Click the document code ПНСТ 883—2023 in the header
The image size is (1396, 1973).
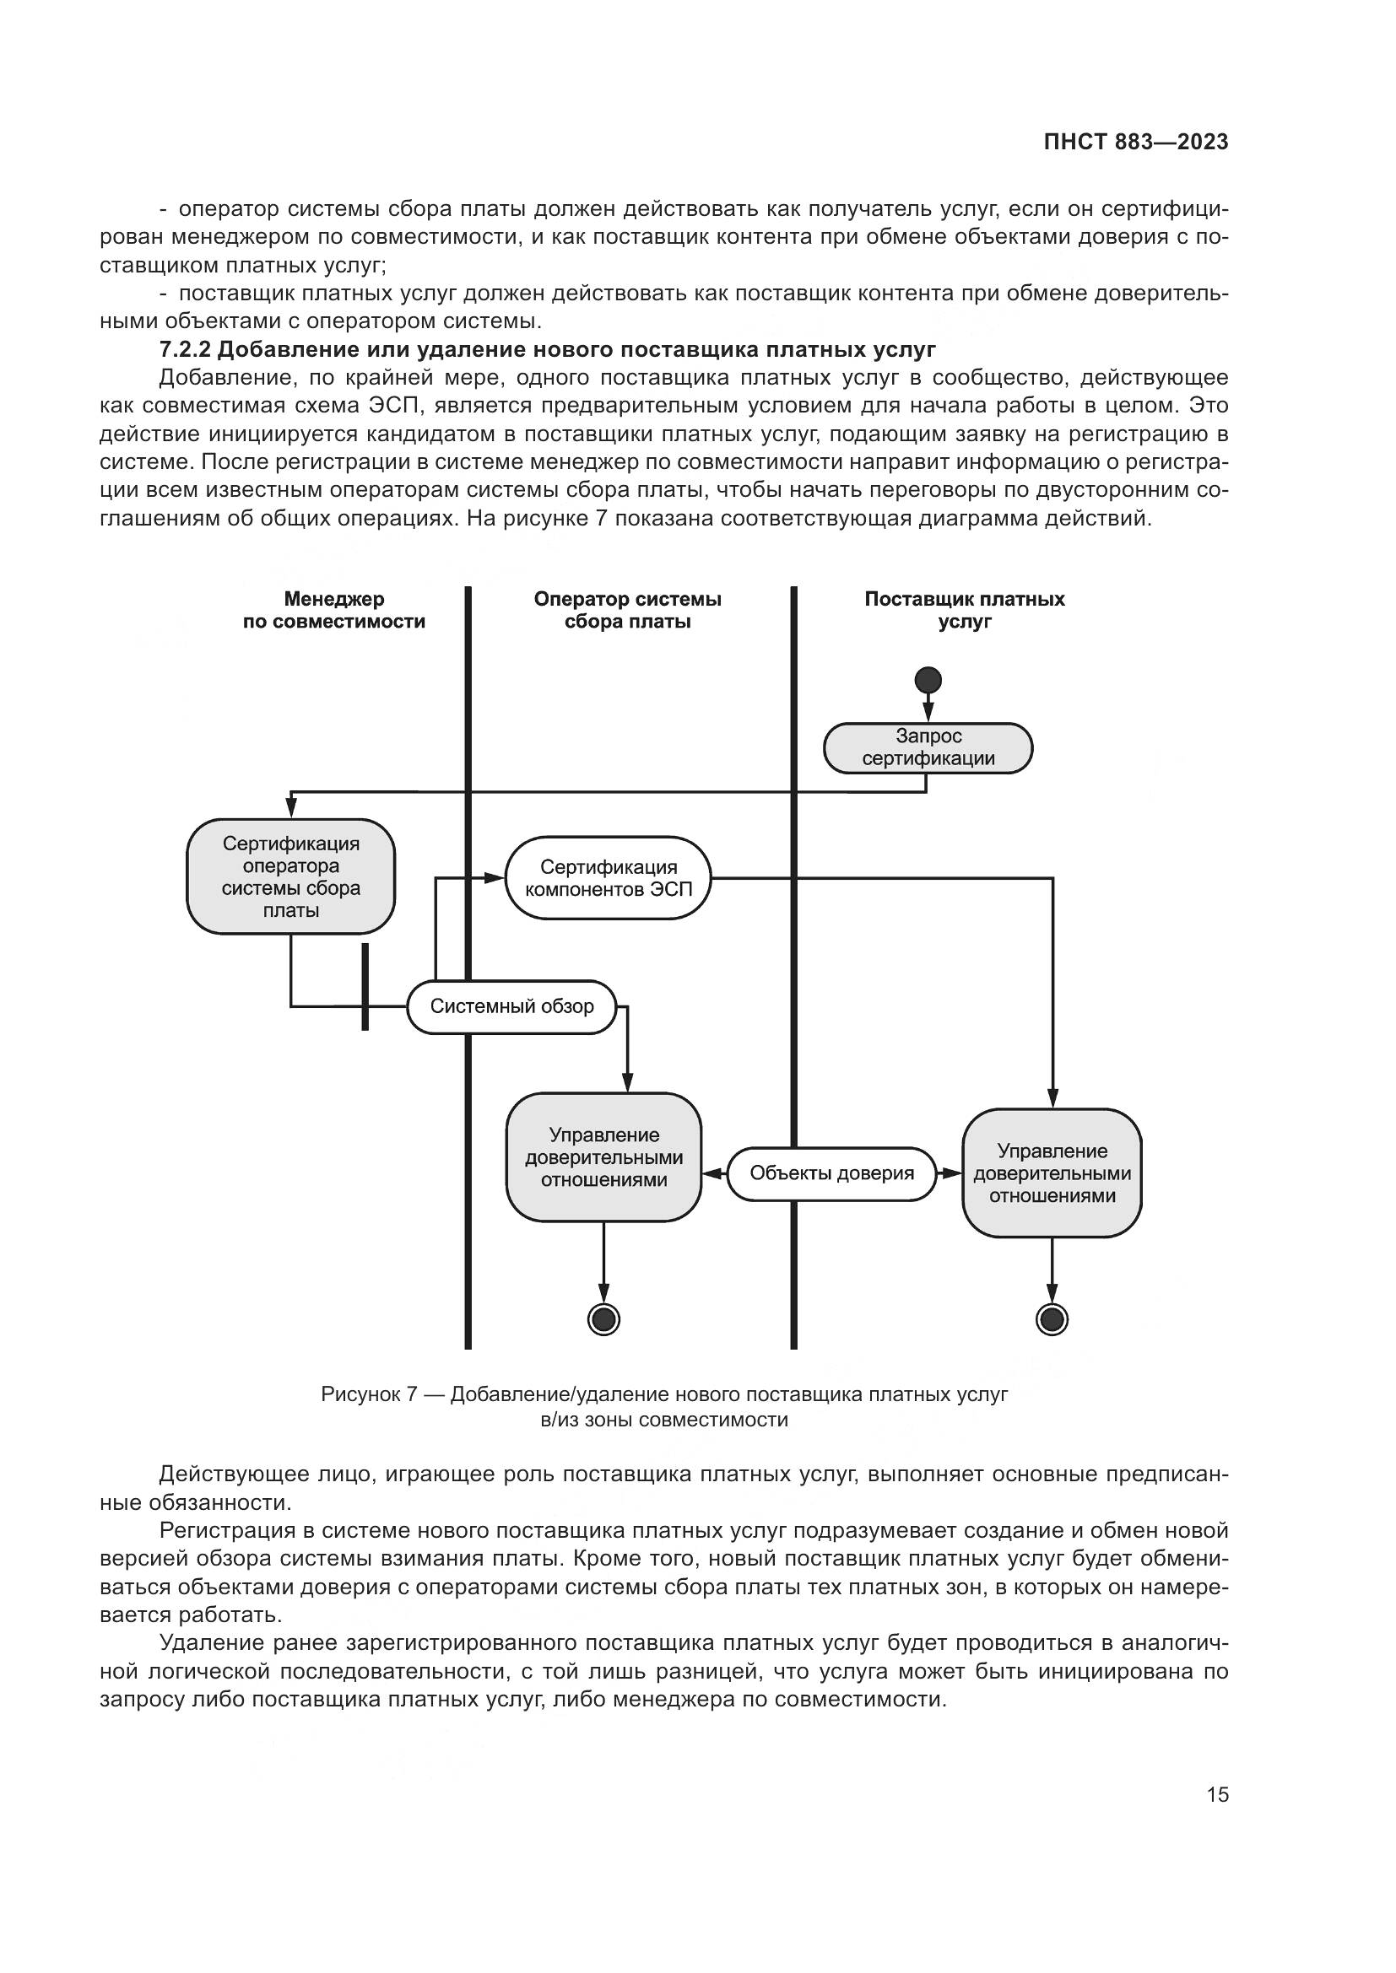(1135, 143)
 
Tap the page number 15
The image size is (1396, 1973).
(1217, 1794)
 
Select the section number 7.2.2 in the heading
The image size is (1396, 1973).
(185, 350)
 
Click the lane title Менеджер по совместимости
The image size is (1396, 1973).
(333, 610)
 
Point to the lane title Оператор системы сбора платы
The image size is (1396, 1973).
(627, 610)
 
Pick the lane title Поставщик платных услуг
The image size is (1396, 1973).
(965, 610)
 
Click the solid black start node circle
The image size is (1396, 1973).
(928, 681)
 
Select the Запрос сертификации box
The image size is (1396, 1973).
(928, 747)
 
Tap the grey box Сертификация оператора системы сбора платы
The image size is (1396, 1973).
(290, 876)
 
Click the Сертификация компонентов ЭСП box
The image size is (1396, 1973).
(609, 878)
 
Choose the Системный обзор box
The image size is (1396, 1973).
(511, 1006)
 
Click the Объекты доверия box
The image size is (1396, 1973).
(831, 1173)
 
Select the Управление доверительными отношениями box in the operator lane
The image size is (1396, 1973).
(603, 1157)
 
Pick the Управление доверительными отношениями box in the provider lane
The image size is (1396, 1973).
(1052, 1173)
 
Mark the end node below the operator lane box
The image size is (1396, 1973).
(603, 1318)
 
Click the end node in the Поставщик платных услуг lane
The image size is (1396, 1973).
(1052, 1318)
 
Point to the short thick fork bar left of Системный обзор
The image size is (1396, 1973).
(365, 987)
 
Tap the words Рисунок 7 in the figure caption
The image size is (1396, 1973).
(369, 1393)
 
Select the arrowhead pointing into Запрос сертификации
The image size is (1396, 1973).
(928, 714)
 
